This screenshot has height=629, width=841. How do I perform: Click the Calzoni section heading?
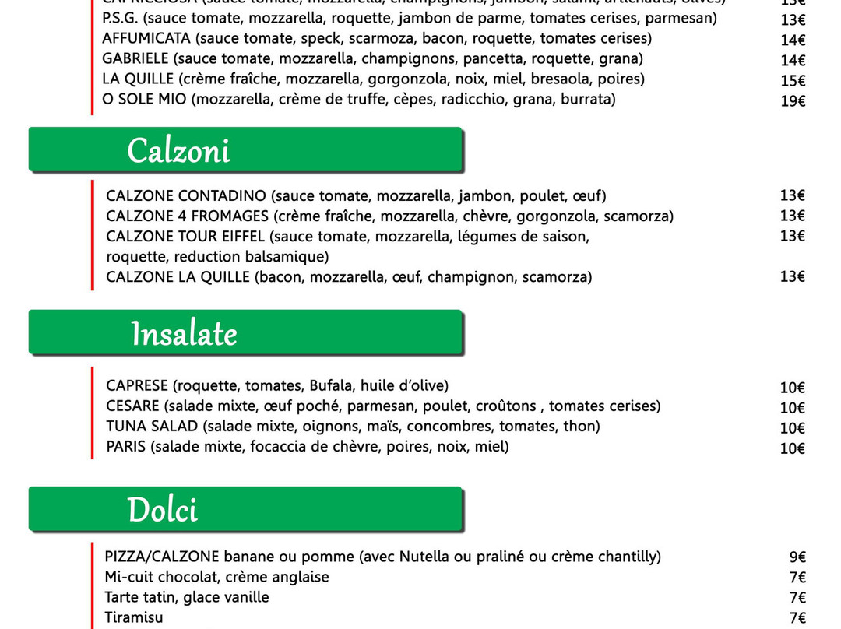[x=178, y=150]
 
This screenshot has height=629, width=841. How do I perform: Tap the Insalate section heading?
[x=184, y=334]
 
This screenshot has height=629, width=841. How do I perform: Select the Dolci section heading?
[x=163, y=510]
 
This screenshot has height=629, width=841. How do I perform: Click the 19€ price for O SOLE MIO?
[x=793, y=100]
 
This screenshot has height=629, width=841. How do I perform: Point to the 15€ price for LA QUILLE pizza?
[x=793, y=80]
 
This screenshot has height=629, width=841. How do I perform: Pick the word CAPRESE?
[x=137, y=385]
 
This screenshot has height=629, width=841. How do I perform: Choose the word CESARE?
[x=132, y=406]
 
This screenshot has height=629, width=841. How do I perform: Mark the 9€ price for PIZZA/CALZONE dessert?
[x=797, y=557]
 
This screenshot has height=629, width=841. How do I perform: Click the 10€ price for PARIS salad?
[x=793, y=448]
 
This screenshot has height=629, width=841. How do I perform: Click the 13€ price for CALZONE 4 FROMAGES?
[x=793, y=216]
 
